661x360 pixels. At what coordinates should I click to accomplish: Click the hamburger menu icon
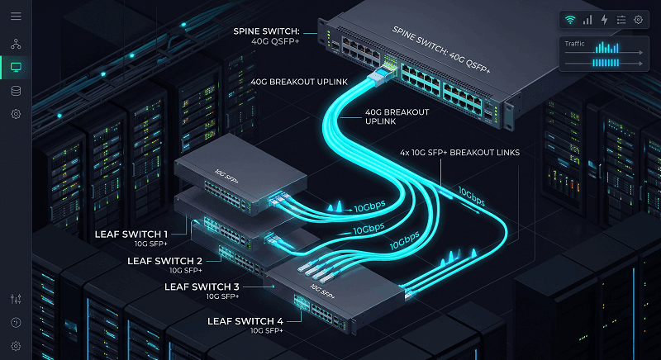pos(16,16)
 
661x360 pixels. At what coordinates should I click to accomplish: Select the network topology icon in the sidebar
pos(16,44)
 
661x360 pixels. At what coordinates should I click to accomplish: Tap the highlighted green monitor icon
pos(16,67)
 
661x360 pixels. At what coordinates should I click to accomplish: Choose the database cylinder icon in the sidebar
pos(16,91)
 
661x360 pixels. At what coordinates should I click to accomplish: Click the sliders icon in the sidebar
pos(16,299)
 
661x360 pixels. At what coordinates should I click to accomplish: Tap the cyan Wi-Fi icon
pos(570,20)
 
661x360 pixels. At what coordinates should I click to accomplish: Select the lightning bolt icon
pos(605,20)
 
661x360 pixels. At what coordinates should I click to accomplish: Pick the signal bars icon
pos(587,20)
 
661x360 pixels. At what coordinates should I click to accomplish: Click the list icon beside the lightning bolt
pos(621,20)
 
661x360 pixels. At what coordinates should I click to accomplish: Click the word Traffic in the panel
pos(574,44)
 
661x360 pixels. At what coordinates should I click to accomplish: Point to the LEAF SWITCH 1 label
pos(131,234)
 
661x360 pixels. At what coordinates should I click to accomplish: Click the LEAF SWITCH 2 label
pos(164,261)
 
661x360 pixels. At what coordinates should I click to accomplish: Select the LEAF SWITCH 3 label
pos(202,287)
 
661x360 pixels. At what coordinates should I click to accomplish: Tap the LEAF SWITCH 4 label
pos(245,322)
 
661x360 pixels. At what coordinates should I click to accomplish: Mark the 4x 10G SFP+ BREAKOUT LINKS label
pos(459,153)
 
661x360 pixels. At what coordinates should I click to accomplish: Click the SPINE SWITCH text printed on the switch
pos(441,50)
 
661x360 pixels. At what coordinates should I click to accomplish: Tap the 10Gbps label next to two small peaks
pos(369,206)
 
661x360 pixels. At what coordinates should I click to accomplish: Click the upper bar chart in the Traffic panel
pos(606,48)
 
